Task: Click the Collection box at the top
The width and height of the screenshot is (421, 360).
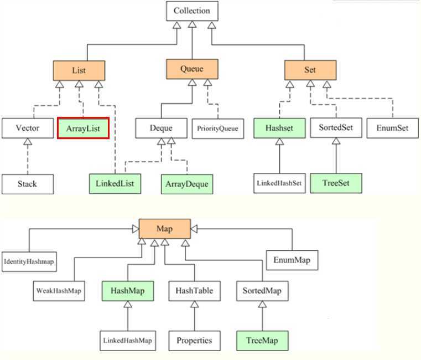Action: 191,11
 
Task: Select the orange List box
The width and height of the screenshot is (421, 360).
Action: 79,70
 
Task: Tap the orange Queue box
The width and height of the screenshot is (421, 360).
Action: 191,69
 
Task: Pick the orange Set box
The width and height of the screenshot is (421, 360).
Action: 310,70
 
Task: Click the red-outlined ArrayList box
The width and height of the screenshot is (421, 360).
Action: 82,128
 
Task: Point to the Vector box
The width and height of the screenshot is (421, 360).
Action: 27,128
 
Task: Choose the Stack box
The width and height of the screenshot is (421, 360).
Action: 27,183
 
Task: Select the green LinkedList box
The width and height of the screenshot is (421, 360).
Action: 115,183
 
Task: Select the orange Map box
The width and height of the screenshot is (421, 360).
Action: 165,229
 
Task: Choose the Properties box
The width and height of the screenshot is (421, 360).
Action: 194,340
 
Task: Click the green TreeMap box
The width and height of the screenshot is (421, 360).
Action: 262,340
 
